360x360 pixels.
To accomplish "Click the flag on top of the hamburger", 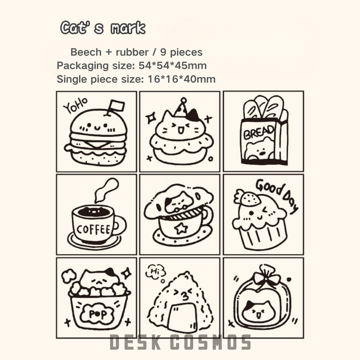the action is (117, 106).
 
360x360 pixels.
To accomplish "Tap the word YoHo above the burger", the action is (75, 105).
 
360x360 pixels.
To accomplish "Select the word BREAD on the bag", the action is (259, 132).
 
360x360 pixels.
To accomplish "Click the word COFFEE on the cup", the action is (93, 229).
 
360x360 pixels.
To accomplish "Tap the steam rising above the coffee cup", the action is (106, 190).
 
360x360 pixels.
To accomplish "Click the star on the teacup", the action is (181, 228).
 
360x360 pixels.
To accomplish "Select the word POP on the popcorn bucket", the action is (98, 313).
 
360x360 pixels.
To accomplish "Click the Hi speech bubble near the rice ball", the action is (155, 271).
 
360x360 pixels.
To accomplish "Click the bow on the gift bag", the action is (266, 279).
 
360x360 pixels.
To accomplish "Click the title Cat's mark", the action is (103, 28).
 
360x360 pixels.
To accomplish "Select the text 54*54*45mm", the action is (172, 65).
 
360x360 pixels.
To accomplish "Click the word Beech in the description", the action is (86, 52).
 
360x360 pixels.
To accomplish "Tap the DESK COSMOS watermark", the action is (180, 342).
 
